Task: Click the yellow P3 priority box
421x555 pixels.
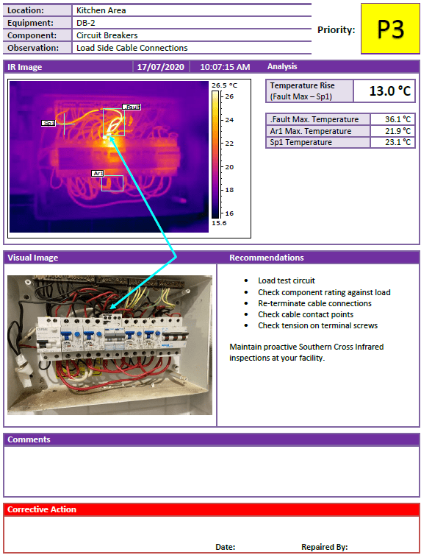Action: (x=390, y=29)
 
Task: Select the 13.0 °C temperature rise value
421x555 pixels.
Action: (x=389, y=91)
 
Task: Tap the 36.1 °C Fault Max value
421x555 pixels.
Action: (x=397, y=119)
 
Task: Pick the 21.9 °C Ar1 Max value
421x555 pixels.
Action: (x=397, y=131)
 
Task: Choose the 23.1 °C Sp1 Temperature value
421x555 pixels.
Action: (x=397, y=142)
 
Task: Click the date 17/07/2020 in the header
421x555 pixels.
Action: (x=161, y=67)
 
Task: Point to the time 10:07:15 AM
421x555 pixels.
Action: (x=225, y=67)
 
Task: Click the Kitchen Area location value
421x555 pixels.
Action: (x=101, y=10)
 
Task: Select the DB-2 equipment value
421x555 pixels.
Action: (x=86, y=23)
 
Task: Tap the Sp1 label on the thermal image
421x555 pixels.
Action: (x=48, y=123)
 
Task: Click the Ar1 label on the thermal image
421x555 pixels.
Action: (x=98, y=173)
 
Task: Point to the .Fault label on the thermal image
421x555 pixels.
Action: (x=132, y=107)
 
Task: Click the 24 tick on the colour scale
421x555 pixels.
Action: (x=229, y=120)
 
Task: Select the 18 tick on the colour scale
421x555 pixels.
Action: (x=229, y=190)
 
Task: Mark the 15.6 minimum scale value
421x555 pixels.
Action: (x=219, y=223)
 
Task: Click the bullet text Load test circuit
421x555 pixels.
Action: (x=287, y=280)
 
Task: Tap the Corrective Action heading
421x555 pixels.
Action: (x=42, y=509)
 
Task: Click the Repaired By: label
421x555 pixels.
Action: (x=325, y=547)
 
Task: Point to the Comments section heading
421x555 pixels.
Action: (x=29, y=439)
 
